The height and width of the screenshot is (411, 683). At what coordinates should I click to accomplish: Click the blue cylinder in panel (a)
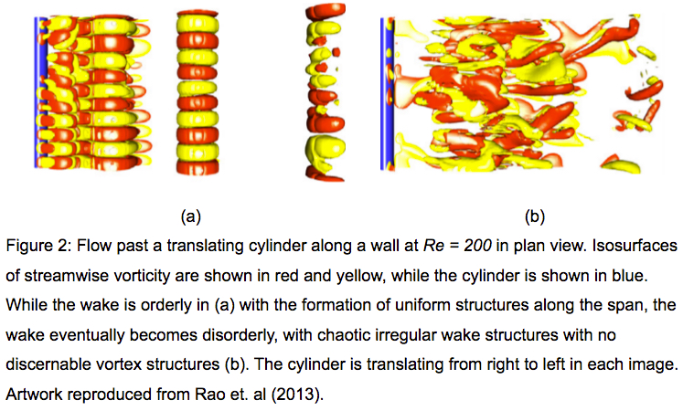(40, 92)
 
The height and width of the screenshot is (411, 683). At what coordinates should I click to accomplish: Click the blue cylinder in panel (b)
(387, 93)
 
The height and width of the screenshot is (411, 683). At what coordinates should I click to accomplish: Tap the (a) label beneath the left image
(191, 216)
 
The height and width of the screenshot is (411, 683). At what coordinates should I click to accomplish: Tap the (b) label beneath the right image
(535, 216)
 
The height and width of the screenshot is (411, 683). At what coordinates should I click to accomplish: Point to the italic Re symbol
(432, 247)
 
